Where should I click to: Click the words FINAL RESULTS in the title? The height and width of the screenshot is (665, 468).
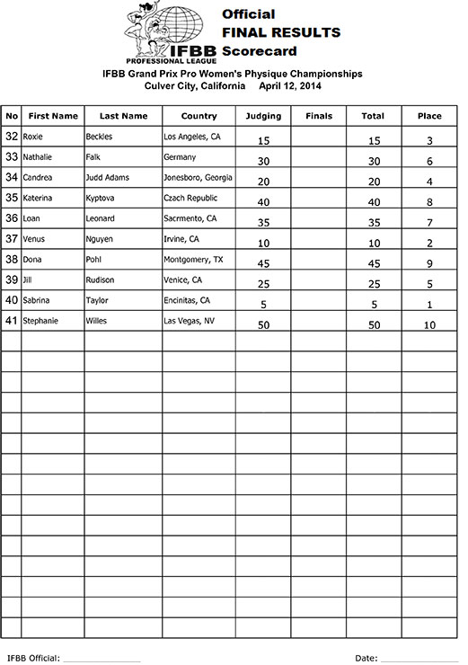(x=280, y=32)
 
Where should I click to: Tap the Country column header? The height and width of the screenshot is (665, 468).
(x=199, y=116)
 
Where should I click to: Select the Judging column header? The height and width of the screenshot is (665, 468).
(x=263, y=116)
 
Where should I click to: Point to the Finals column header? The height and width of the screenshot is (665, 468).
(x=319, y=116)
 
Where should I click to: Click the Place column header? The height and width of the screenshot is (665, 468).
(x=429, y=116)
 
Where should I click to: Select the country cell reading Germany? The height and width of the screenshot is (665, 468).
(x=180, y=157)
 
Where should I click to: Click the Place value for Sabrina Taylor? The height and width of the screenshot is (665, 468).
(x=429, y=305)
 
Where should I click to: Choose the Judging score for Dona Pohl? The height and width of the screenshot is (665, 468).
(x=263, y=264)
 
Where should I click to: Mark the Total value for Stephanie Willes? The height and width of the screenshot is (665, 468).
(x=373, y=325)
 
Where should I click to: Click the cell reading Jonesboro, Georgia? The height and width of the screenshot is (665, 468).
(x=199, y=177)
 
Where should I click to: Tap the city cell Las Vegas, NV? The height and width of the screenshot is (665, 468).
(x=189, y=320)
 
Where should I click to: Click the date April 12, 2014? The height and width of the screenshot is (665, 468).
(x=289, y=86)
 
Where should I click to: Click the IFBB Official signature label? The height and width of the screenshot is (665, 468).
(x=33, y=658)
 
